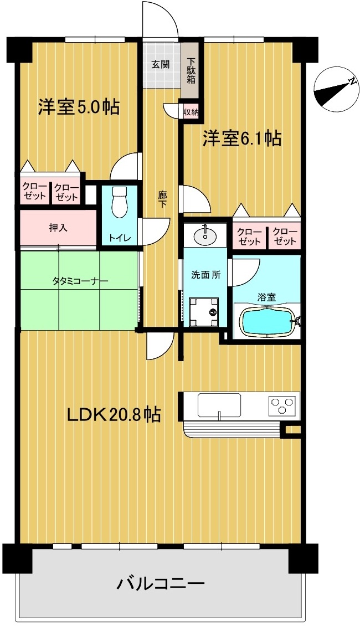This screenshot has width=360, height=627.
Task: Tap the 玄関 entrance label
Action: coord(161,64)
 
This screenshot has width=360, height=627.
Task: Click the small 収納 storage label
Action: coord(191,112)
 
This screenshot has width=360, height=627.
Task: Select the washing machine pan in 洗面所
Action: coord(204,311)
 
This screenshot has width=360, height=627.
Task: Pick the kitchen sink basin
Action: coord(219,406)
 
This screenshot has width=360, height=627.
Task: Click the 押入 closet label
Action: coord(58,228)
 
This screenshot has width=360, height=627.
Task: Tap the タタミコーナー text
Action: coord(80,281)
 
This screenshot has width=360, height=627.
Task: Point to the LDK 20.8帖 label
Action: coord(114,415)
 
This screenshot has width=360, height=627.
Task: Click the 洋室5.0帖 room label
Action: coord(79,107)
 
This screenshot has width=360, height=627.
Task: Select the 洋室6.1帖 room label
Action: coord(241,138)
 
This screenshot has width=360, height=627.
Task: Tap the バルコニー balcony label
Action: coord(161,584)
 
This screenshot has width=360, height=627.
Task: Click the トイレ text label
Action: coord(120,238)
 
